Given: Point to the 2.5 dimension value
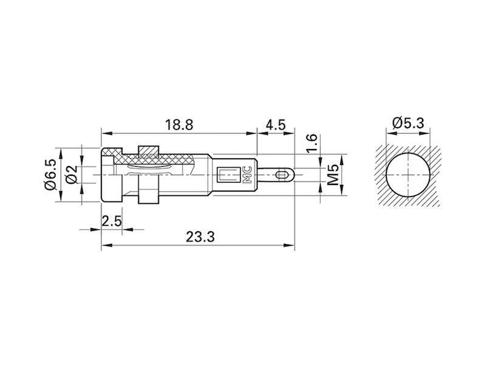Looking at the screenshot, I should click(x=111, y=220).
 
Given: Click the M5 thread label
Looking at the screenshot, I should click(x=333, y=175).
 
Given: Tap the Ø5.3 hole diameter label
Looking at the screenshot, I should click(x=408, y=123).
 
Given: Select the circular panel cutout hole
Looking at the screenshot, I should click(x=408, y=175).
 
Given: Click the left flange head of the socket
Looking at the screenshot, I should click(x=111, y=175).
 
